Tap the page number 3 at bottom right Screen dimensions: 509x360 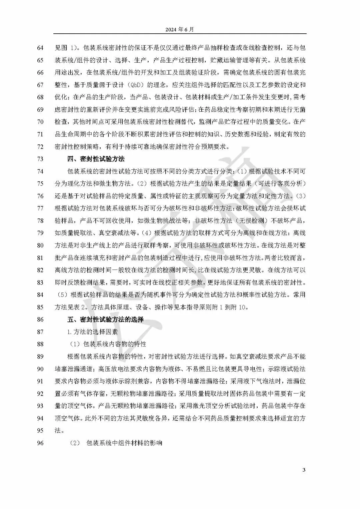[x=304, y=470]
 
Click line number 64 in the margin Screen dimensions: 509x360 [x=40, y=48]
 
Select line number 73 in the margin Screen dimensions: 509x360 [x=40, y=159]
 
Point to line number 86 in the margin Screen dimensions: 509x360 [x=40, y=319]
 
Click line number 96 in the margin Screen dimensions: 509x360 [x=40, y=443]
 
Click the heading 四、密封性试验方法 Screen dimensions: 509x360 [x=96, y=159]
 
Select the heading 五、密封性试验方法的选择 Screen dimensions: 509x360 [x=105, y=319]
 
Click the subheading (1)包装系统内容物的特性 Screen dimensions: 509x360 [x=108, y=344]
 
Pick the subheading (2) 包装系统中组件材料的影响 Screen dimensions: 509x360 [x=116, y=443]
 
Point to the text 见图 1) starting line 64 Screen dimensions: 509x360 [x=66, y=48]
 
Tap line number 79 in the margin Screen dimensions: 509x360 [x=40, y=233]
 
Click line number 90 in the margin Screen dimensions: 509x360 [x=40, y=369]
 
